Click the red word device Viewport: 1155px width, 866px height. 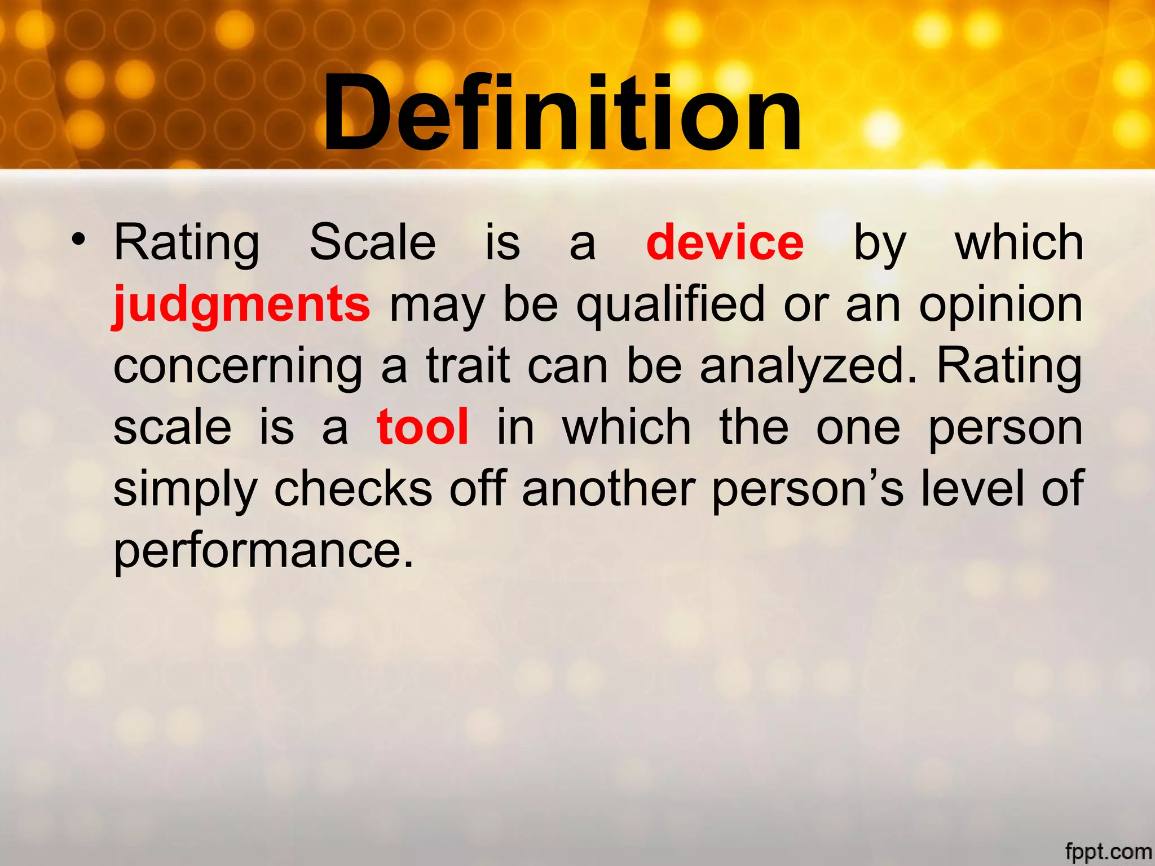click(x=725, y=242)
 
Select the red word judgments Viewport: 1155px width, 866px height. click(x=241, y=304)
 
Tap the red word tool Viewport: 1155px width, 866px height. click(x=423, y=427)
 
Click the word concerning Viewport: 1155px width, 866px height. click(x=238, y=366)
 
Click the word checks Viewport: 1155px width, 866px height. click(x=353, y=488)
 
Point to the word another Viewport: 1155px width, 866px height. click(x=608, y=488)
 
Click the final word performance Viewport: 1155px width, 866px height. click(x=263, y=550)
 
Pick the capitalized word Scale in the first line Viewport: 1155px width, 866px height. click(x=373, y=242)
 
